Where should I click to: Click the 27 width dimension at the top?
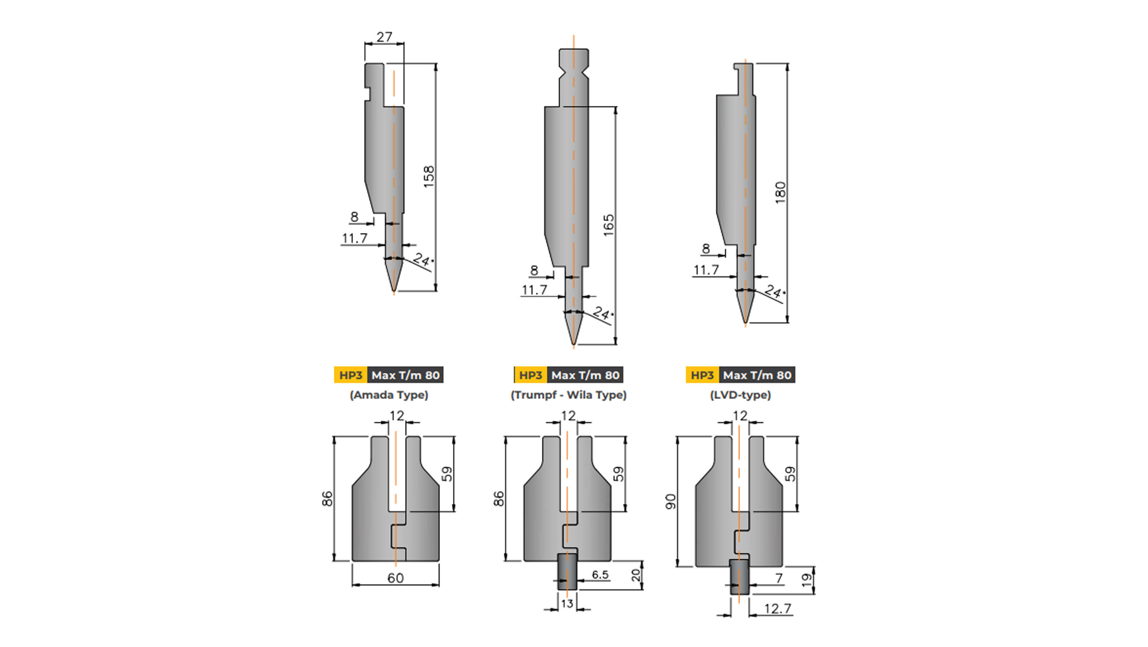(x=384, y=37)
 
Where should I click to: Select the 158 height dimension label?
(x=429, y=177)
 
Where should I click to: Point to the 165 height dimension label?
(x=609, y=225)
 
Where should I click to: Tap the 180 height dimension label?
(x=780, y=193)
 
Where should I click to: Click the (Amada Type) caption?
(x=389, y=395)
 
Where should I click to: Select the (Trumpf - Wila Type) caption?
(x=568, y=395)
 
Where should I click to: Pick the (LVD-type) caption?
(x=740, y=395)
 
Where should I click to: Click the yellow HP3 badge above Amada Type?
(x=350, y=375)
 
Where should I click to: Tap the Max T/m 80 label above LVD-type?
(x=757, y=375)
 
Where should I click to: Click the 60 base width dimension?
(x=395, y=578)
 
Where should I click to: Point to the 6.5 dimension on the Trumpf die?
(x=600, y=575)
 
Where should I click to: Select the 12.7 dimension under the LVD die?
(x=777, y=609)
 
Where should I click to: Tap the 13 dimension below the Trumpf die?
(x=567, y=604)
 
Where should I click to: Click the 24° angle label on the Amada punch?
(x=422, y=259)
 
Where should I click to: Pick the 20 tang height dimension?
(x=636, y=575)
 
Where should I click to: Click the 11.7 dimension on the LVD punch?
(x=706, y=270)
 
